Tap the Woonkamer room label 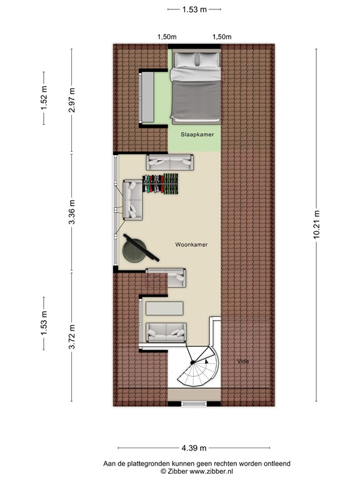(191, 244)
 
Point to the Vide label (243, 361)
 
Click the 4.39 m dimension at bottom (194, 448)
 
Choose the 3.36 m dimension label (72, 211)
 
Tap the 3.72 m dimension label (72, 337)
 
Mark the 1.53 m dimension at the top (195, 9)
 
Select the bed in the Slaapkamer (196, 87)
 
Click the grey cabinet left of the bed (147, 97)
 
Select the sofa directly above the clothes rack (170, 162)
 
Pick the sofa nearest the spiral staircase (166, 331)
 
